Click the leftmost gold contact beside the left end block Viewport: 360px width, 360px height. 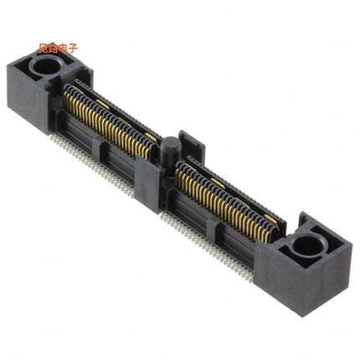coord(67,99)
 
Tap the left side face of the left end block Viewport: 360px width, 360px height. coord(22,92)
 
